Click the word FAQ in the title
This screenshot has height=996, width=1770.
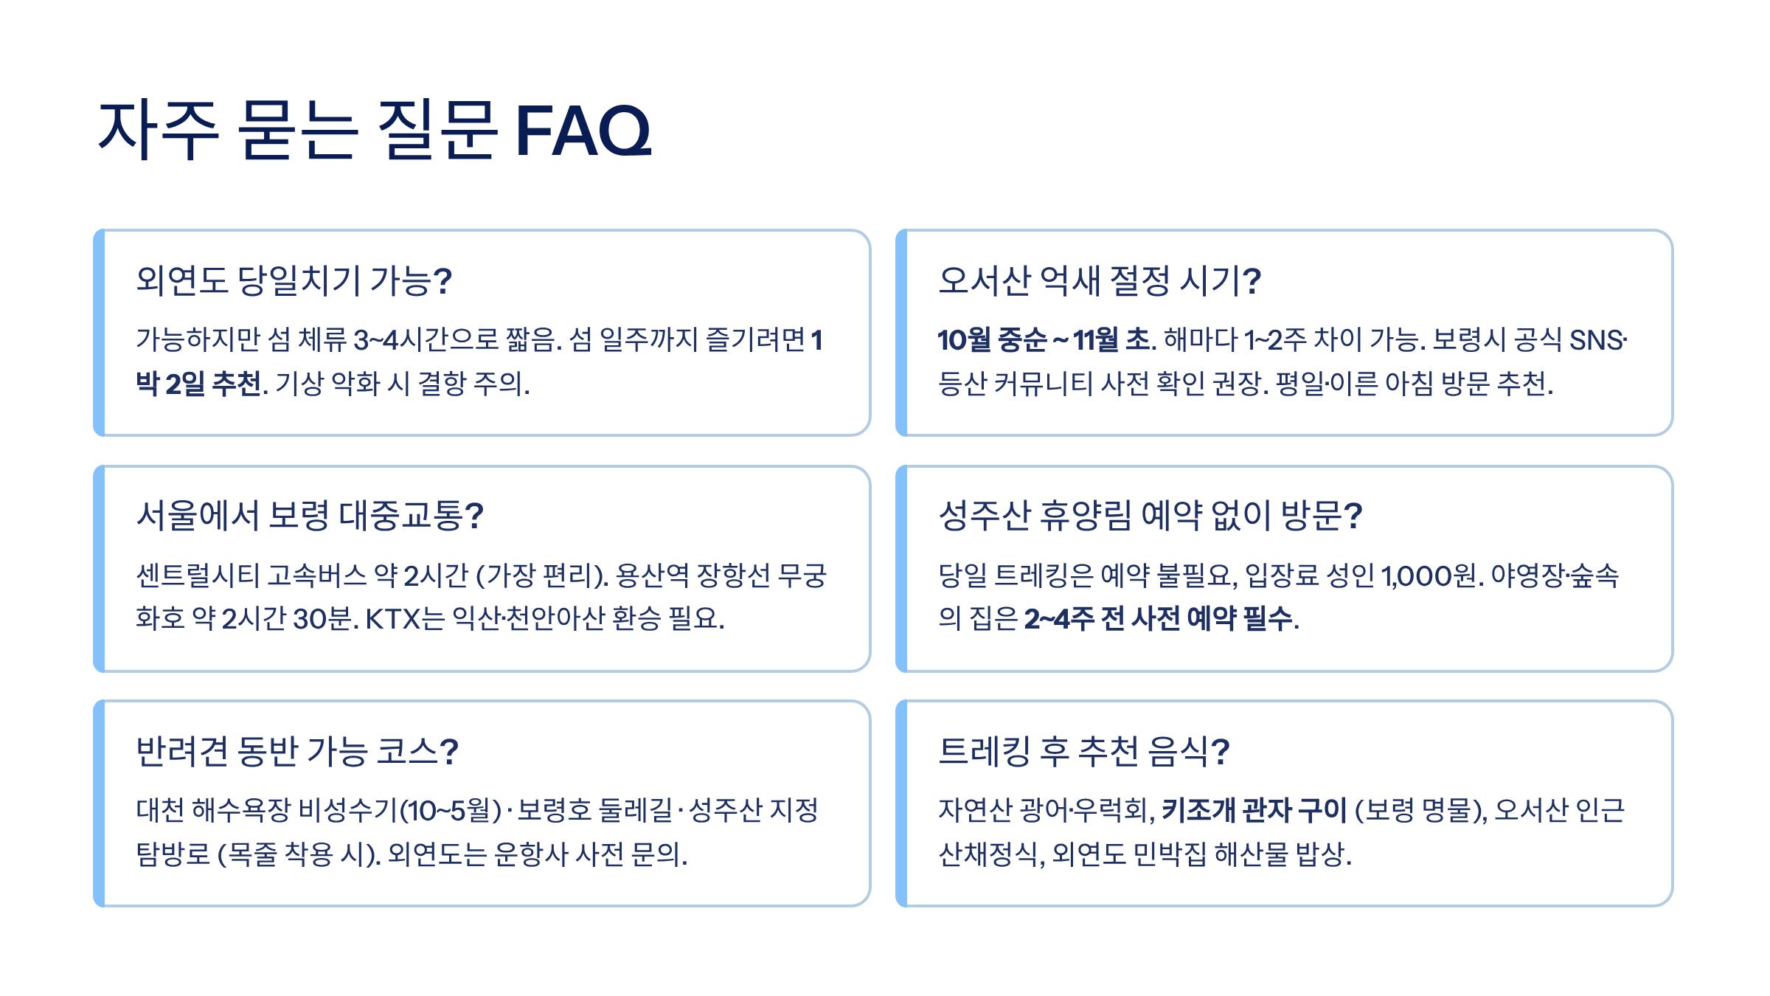pyautogui.click(x=583, y=131)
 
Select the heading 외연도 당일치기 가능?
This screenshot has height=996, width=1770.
pyautogui.click(x=294, y=280)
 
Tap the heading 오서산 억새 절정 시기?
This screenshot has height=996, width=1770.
pyautogui.click(x=1099, y=280)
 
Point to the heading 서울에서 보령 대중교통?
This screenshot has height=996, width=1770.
pyautogui.click(x=310, y=515)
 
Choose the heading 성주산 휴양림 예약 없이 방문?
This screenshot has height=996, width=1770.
pyautogui.click(x=1150, y=515)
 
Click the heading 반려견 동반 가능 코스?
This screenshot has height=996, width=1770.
pyautogui.click(x=297, y=751)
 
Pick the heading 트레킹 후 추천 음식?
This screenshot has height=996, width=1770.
pyautogui.click(x=1083, y=751)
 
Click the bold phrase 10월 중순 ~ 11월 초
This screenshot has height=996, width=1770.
pyautogui.click(x=1043, y=340)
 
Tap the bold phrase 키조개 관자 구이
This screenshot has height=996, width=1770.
pyautogui.click(x=1254, y=810)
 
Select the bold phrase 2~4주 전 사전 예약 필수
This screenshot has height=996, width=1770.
pyautogui.click(x=1158, y=618)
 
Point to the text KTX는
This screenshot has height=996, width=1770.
pyautogui.click(x=405, y=618)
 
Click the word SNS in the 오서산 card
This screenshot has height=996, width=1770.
pyautogui.click(x=1596, y=340)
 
